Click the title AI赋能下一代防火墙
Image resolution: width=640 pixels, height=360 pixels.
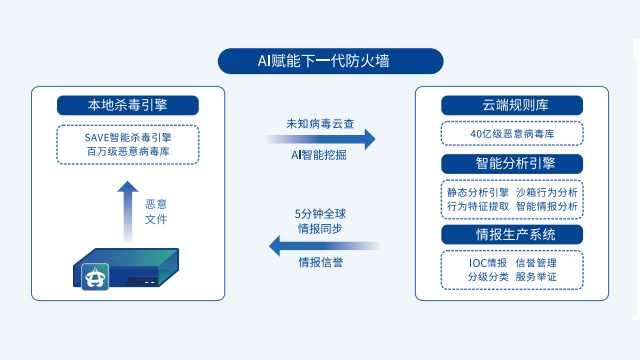(x=320, y=61)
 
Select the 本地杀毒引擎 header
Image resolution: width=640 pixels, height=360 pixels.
(x=128, y=105)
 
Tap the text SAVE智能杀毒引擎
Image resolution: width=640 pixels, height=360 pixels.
(x=128, y=137)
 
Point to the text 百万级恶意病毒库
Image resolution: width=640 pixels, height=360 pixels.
(x=128, y=152)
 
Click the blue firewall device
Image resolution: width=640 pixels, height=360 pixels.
(x=128, y=269)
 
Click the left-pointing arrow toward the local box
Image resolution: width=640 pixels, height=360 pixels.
(x=320, y=244)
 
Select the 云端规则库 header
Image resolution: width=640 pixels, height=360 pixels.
(x=511, y=105)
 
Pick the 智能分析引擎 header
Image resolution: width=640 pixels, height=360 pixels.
(x=511, y=161)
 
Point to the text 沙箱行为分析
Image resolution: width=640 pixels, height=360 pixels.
(x=545, y=191)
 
